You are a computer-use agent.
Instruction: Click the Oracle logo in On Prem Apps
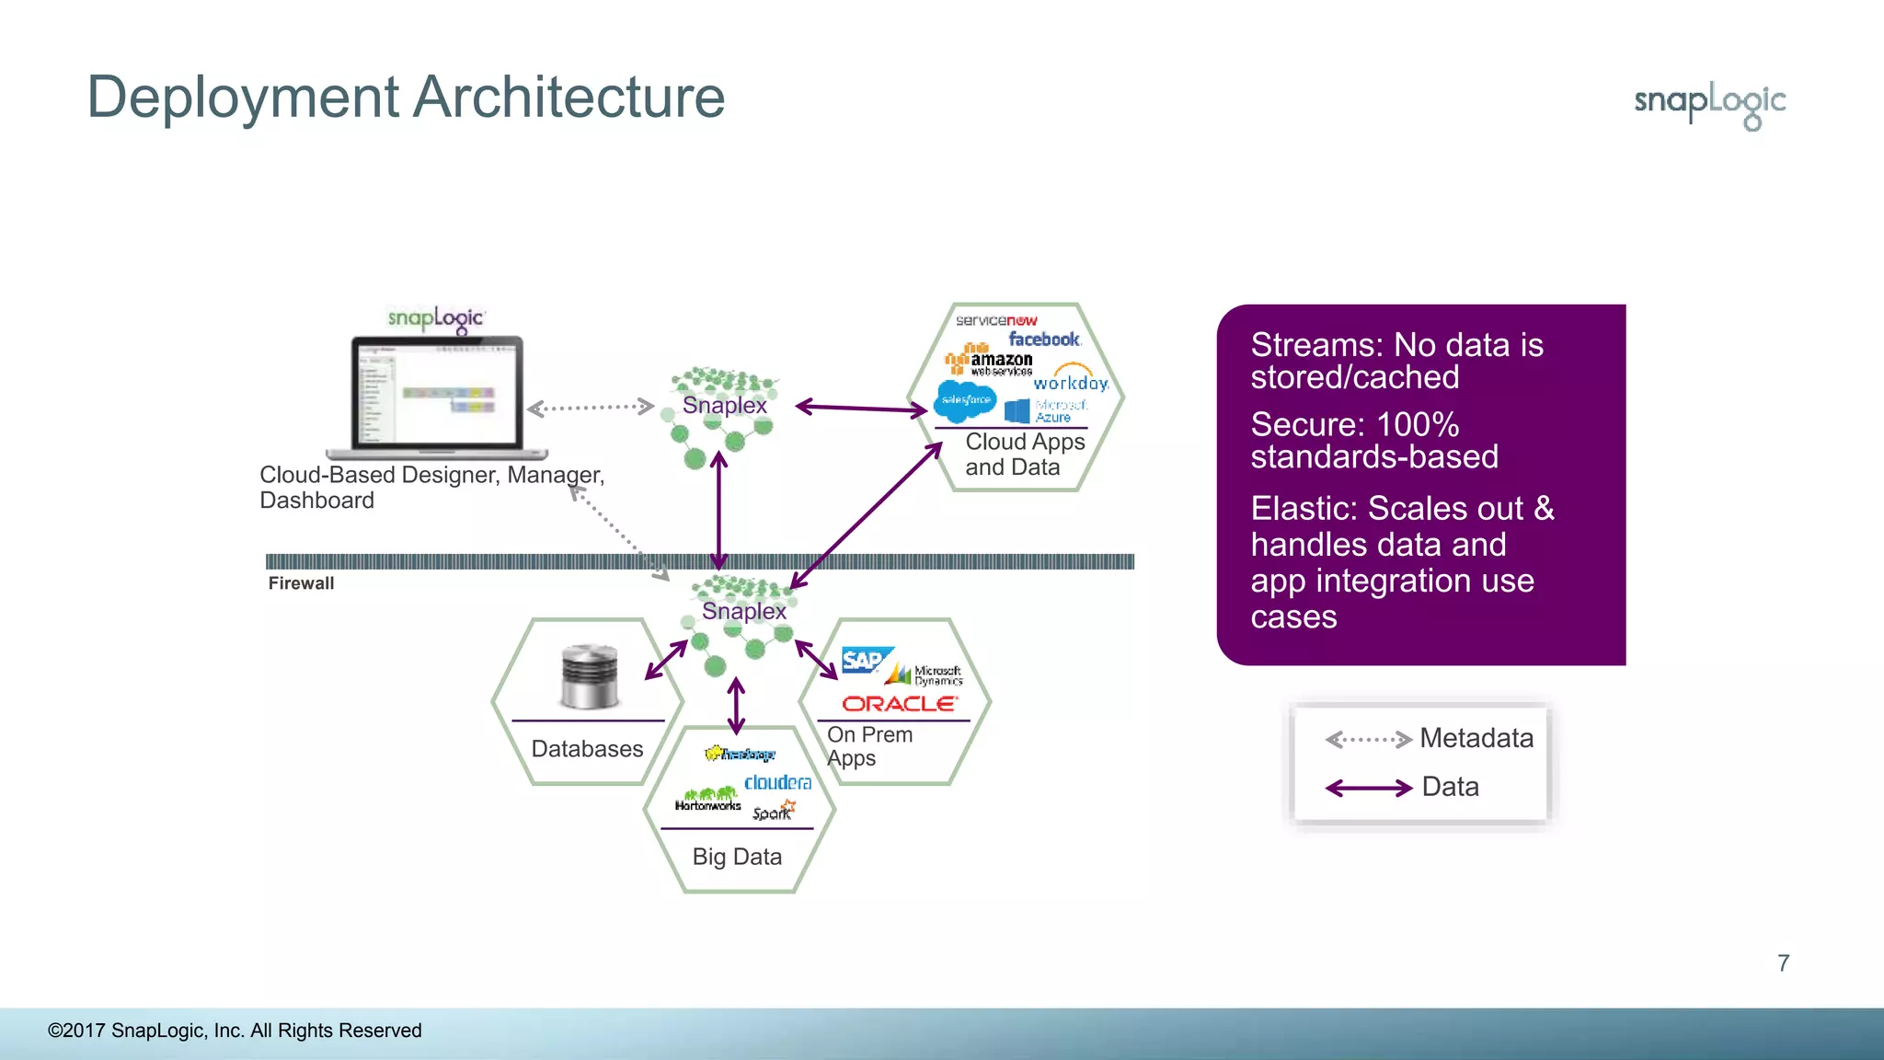(x=899, y=704)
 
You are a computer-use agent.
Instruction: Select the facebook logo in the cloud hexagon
(x=1043, y=340)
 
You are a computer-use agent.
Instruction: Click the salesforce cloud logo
(x=965, y=400)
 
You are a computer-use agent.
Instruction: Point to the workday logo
(x=1071, y=381)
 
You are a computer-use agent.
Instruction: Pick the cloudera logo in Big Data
(x=777, y=782)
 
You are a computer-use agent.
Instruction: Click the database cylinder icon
(x=589, y=676)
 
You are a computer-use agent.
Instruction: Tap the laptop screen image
(x=436, y=394)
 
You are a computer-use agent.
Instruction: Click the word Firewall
(x=301, y=583)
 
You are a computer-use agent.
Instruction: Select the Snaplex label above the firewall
(x=724, y=406)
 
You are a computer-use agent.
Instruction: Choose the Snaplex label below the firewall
(x=743, y=611)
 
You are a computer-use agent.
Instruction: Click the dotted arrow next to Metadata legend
(x=1368, y=739)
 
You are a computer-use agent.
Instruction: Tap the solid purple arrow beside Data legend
(x=1368, y=788)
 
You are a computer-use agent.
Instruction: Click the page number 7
(x=1783, y=963)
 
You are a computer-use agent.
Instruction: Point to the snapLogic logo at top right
(x=1710, y=103)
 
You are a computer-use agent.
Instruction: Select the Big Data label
(x=737, y=857)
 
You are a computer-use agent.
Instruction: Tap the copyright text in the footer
(x=235, y=1031)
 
